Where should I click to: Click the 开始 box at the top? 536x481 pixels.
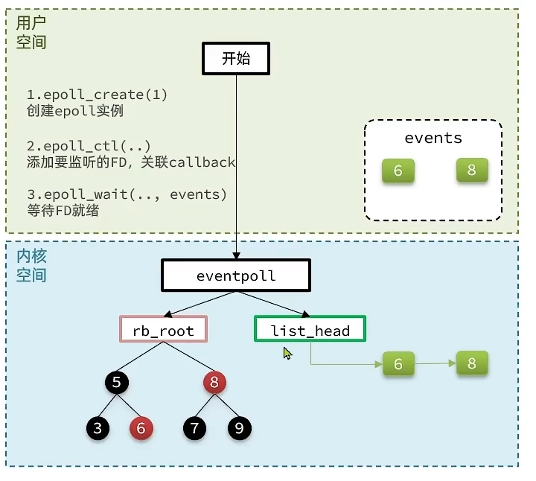(236, 59)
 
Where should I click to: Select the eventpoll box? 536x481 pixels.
(236, 276)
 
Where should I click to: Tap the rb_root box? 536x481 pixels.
(163, 330)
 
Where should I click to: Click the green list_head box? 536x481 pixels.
(310, 330)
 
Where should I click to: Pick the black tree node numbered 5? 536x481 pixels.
(116, 383)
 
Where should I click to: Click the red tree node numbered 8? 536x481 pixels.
(214, 383)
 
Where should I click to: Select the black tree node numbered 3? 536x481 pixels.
(97, 428)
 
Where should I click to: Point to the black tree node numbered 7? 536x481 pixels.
(196, 428)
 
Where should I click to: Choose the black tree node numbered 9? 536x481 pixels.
(240, 428)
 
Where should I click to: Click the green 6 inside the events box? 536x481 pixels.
(398, 171)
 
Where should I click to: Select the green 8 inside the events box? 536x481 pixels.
(471, 170)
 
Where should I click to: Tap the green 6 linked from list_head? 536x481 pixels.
(398, 364)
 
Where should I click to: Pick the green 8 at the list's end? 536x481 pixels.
(471, 363)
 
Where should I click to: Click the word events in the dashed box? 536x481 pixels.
(433, 138)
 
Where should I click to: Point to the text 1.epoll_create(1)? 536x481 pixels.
(97, 95)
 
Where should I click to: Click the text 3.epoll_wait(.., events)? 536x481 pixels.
(126, 194)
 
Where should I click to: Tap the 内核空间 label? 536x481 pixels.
(31, 266)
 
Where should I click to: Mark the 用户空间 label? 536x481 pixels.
(31, 33)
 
